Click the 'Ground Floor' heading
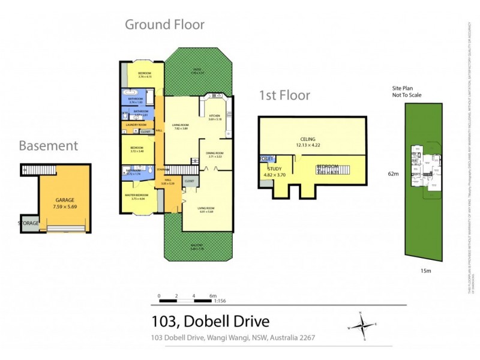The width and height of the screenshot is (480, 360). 164,25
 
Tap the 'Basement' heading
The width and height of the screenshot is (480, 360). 48,146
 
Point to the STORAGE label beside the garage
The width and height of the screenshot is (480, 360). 29,223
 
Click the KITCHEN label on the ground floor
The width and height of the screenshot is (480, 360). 215,116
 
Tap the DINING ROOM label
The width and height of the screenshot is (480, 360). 215,152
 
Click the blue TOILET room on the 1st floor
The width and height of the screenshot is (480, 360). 266,158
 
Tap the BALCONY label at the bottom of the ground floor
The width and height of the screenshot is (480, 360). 199,245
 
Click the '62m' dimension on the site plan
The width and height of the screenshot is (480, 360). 393,174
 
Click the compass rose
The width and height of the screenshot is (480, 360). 362,326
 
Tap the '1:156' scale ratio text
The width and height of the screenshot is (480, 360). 220,301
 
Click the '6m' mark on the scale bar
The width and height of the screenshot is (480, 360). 213,296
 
